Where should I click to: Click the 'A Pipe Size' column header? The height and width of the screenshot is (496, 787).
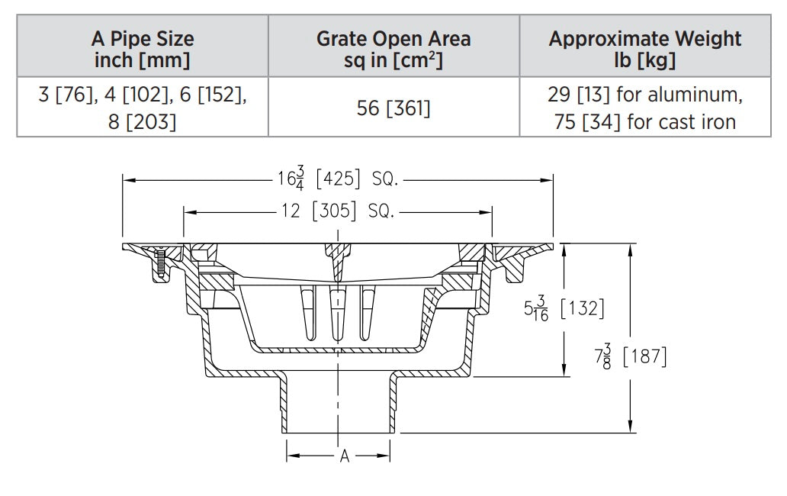tap(143, 38)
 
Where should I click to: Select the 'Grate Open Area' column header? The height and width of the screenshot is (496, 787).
tap(393, 38)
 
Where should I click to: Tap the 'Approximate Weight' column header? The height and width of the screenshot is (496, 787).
tap(644, 38)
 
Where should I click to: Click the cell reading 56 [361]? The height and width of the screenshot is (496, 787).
tap(393, 108)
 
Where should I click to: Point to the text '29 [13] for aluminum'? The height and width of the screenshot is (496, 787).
tap(644, 95)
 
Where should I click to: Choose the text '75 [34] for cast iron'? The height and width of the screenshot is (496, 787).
tap(644, 121)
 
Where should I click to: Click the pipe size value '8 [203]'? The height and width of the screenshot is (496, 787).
tap(143, 121)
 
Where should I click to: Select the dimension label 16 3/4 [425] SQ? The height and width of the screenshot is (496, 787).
tap(336, 181)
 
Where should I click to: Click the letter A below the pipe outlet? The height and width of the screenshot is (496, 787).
tap(344, 456)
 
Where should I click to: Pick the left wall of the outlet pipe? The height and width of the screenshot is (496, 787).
tap(284, 404)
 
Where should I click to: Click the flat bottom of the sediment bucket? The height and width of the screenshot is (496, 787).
tap(336, 349)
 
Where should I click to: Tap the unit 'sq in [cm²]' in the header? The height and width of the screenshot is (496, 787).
tap(393, 59)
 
